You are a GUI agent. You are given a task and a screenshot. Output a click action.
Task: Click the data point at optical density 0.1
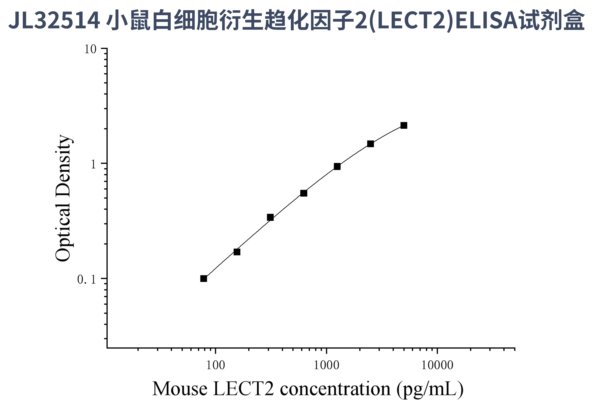point(204,279)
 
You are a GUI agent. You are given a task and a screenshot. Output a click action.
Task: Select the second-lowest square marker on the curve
point(237,252)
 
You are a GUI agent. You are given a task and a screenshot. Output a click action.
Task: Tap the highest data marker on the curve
point(404,126)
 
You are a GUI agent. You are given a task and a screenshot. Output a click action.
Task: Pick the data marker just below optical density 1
point(337,166)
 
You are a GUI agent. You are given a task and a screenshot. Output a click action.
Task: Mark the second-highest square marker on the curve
point(370,144)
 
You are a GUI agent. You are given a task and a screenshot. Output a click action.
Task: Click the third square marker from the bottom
point(270,217)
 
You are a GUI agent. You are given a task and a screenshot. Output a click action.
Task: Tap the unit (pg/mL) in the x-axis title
point(430,389)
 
